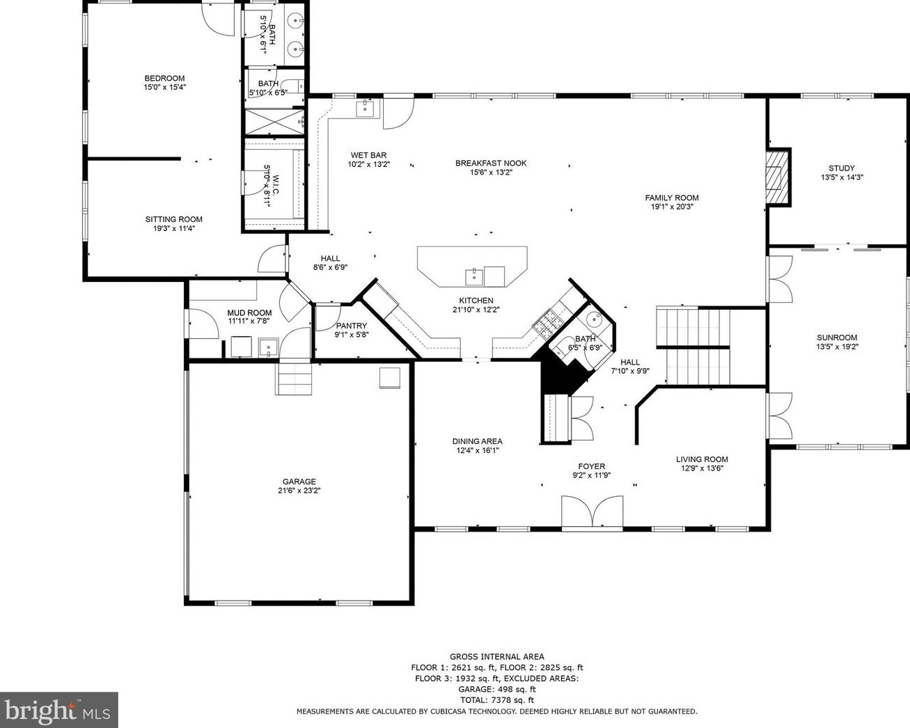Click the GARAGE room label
point(299,481)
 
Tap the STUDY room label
point(842,168)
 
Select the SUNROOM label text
point(837,338)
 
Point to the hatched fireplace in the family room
point(778,177)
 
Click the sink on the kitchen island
point(474,276)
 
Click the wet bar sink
point(364,109)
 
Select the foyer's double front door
point(592,512)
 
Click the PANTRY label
point(352,326)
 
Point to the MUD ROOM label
point(249,312)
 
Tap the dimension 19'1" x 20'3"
point(672,207)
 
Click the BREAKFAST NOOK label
point(491,163)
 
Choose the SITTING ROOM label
point(174,219)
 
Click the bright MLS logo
point(58,709)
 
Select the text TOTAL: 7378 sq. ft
point(497,700)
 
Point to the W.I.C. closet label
point(276,184)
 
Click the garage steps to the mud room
point(294,379)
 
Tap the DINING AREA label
point(478,441)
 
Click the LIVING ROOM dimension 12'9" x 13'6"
point(702,468)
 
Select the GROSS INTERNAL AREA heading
point(497,656)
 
